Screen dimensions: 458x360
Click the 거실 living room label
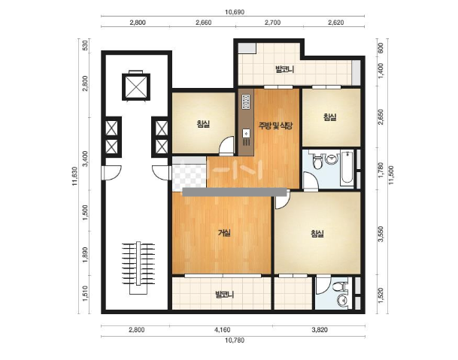click(224, 233)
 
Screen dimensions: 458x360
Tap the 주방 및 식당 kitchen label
click(274, 126)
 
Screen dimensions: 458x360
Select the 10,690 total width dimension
click(235, 12)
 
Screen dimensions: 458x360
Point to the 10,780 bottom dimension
click(235, 340)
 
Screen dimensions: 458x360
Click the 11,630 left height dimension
click(75, 176)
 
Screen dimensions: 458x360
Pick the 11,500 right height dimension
click(391, 175)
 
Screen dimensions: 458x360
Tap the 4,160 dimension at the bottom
click(223, 330)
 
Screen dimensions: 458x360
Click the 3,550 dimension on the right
click(381, 234)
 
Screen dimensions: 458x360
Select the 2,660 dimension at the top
click(204, 23)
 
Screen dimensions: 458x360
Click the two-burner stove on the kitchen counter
click(246, 101)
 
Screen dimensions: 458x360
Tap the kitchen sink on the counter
click(247, 134)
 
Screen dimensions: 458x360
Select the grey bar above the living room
click(235, 192)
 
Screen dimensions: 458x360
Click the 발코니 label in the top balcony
click(284, 69)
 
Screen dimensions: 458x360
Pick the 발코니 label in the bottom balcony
click(224, 295)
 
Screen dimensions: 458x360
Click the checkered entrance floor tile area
click(190, 174)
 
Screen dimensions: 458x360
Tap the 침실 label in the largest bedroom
click(317, 234)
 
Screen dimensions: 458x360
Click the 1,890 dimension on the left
click(85, 255)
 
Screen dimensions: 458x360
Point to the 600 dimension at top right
click(381, 48)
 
